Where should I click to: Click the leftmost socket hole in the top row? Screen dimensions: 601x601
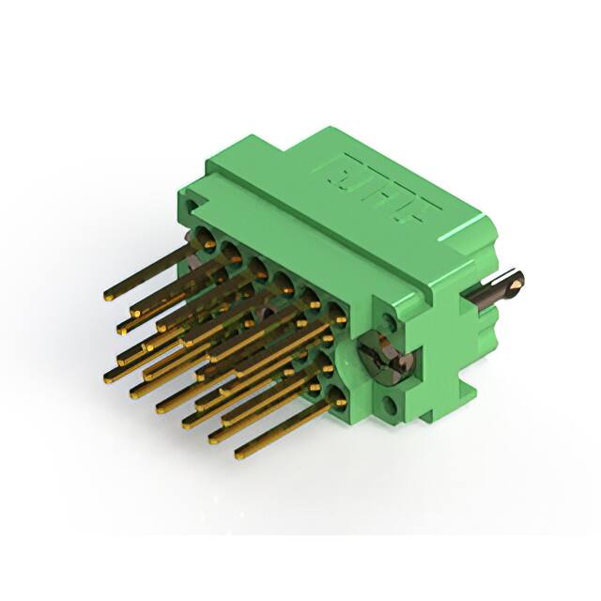click(x=203, y=239)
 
